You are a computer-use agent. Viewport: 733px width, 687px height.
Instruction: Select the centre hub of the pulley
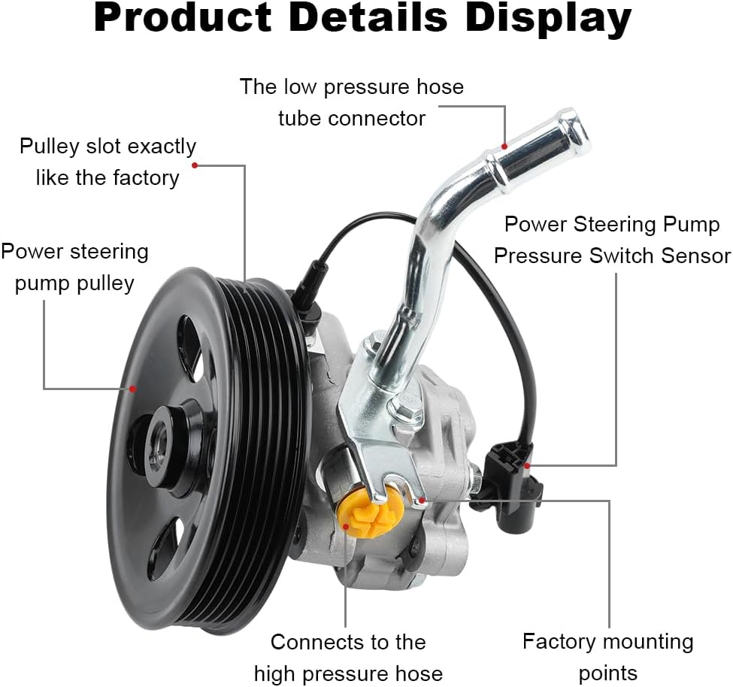coord(162,442)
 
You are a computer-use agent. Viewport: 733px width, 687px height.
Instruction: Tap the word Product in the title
coord(183,18)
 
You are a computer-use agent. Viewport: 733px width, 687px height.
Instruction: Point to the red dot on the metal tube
coord(504,147)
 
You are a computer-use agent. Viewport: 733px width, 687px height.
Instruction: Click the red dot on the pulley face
coord(133,389)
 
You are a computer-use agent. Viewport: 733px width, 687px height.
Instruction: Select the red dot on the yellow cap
coord(346,527)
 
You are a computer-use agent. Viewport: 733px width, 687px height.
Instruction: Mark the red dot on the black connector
coord(527,465)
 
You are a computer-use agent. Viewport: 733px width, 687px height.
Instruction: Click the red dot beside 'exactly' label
coord(195,165)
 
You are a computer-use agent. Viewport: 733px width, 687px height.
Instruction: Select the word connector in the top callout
coord(377,118)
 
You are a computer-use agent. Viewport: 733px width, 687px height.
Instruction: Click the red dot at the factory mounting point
coord(422,500)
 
